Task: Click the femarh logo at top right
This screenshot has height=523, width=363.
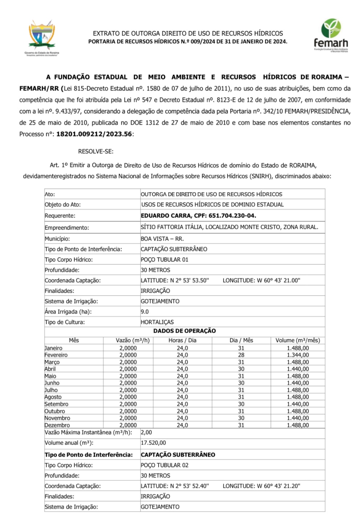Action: click(331, 35)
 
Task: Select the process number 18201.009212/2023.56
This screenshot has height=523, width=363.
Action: click(94, 134)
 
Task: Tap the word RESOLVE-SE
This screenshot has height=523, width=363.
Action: click(96, 151)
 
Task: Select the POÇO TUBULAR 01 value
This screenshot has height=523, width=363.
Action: click(164, 260)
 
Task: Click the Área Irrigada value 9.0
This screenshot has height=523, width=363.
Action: click(145, 312)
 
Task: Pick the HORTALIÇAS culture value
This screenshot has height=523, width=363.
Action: click(157, 322)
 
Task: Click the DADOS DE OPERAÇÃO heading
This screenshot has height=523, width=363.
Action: click(184, 331)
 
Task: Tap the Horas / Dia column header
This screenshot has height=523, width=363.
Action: click(182, 340)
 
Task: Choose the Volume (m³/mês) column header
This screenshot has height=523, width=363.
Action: click(298, 340)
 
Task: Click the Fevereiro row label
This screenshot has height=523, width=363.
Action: click(56, 355)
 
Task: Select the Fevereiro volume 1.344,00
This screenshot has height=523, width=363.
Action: click(298, 355)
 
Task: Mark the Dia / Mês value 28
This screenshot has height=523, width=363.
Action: click(241, 355)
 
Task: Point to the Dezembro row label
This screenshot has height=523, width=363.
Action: click(57, 425)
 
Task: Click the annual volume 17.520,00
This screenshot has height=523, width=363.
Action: click(153, 443)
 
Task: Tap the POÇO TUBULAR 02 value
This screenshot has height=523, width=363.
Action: click(164, 465)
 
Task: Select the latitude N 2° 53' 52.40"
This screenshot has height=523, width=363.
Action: click(175, 486)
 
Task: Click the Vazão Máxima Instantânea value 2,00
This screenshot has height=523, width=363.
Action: click(146, 433)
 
